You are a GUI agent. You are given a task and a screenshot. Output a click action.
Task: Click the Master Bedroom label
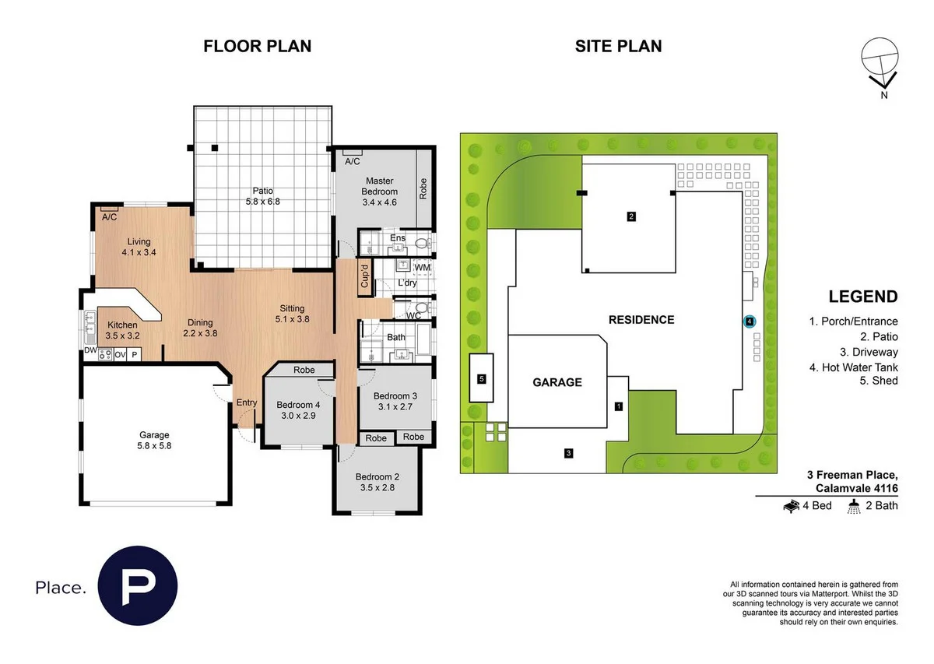click(379, 186)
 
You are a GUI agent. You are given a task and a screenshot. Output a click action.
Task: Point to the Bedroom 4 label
click(298, 405)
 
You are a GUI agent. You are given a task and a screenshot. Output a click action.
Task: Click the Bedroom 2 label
click(377, 477)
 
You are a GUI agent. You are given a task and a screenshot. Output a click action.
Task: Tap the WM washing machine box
click(422, 268)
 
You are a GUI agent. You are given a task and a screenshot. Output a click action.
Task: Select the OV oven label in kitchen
click(120, 354)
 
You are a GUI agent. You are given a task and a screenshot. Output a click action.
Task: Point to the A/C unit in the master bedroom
click(352, 161)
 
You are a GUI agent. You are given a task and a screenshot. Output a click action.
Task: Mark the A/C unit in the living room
click(109, 217)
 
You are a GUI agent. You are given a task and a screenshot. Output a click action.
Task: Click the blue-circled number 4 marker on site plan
click(749, 321)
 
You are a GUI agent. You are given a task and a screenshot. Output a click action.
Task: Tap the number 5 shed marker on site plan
click(482, 379)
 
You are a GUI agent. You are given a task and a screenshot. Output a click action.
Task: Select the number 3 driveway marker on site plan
click(569, 453)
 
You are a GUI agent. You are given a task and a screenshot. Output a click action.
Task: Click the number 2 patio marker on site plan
click(631, 216)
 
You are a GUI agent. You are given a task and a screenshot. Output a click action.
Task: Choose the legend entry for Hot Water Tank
click(853, 367)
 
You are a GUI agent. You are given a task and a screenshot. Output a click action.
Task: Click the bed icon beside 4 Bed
click(791, 506)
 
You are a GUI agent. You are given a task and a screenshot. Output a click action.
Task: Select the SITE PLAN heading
click(618, 46)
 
